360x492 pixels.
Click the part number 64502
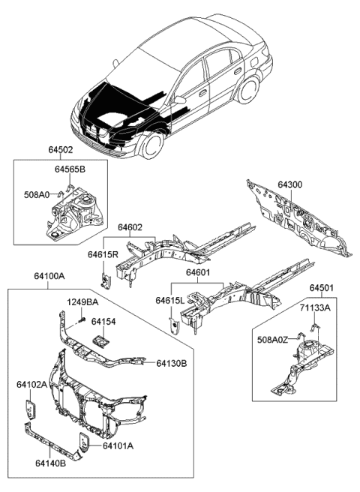click(x=57, y=150)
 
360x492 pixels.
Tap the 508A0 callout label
click(x=36, y=194)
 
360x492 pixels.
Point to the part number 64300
click(x=291, y=184)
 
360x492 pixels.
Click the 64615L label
click(x=169, y=300)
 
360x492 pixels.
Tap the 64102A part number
click(x=32, y=385)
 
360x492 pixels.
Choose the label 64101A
click(x=118, y=445)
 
